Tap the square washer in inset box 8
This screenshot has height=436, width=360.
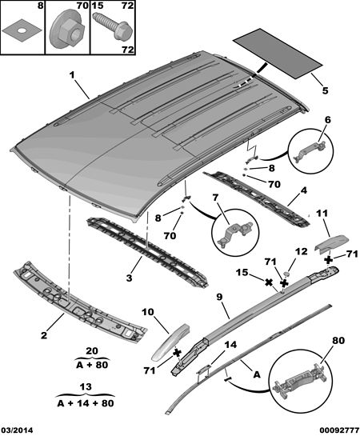[22, 31]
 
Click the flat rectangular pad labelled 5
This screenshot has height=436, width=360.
[278, 53]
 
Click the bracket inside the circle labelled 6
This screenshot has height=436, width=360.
[310, 150]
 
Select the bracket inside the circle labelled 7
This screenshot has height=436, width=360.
[236, 233]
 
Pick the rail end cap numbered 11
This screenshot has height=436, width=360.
[332, 242]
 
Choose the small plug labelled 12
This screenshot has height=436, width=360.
[287, 274]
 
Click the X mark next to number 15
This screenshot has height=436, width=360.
[268, 282]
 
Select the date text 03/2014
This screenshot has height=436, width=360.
[17, 430]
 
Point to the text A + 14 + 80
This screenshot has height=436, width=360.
[86, 402]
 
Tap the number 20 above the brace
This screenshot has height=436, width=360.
[92, 351]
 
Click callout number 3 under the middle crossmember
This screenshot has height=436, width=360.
[130, 278]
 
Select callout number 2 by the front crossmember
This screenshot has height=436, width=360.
[44, 335]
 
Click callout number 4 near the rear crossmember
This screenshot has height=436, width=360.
[304, 190]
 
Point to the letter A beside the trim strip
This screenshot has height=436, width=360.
[257, 374]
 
